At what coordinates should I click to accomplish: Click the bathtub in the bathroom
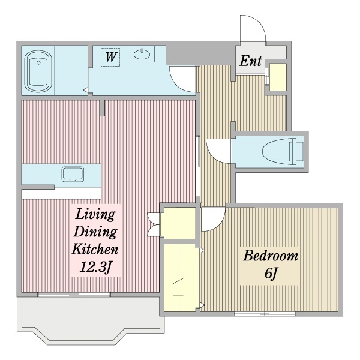click(38, 71)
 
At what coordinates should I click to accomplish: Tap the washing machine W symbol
click(110, 57)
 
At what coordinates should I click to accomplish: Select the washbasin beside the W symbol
click(142, 54)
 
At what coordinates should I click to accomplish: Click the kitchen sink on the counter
click(73, 174)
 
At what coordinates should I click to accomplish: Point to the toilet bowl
click(283, 152)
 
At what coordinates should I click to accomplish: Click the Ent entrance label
click(250, 61)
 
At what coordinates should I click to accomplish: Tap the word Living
click(95, 215)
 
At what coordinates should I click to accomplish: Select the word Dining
click(95, 232)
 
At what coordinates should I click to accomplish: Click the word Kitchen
click(95, 249)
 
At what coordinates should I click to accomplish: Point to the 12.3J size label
click(95, 267)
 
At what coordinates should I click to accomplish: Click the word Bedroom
click(271, 256)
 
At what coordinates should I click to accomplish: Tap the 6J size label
click(271, 273)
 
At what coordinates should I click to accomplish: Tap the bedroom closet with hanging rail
click(181, 278)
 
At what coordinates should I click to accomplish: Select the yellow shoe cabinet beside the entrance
click(278, 77)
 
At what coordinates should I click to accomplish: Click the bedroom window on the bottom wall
click(265, 313)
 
